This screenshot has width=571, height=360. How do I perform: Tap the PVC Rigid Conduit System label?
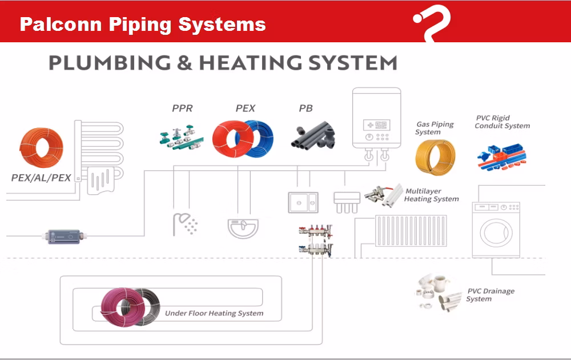[502, 122]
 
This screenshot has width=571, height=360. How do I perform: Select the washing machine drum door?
[495, 233]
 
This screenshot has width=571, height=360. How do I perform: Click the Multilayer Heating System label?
[431, 195]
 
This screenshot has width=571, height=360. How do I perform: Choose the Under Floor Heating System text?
[214, 313]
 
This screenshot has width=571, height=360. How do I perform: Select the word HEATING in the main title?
[248, 62]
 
